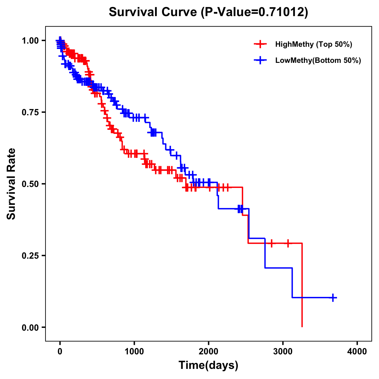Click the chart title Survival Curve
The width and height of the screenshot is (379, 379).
tap(153, 12)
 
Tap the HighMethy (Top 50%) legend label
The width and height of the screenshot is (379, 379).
tap(314, 44)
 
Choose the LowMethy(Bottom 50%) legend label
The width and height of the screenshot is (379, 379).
tap(318, 60)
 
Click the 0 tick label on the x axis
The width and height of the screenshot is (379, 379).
tap(60, 351)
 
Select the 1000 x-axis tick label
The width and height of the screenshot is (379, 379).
tap(134, 351)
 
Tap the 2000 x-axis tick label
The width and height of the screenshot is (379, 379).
tap(208, 351)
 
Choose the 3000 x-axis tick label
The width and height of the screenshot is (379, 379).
tap(283, 351)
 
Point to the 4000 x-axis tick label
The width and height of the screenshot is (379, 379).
tap(357, 351)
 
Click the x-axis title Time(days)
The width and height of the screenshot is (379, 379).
tap(208, 365)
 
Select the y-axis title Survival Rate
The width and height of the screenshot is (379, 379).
tap(11, 184)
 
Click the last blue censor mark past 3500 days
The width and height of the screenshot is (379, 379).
tap(333, 298)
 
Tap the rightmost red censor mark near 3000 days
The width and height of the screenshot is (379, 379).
tap(288, 243)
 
